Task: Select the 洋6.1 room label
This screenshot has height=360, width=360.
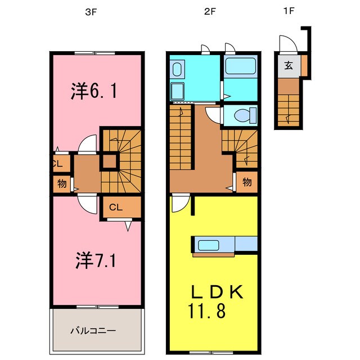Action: (x=94, y=90)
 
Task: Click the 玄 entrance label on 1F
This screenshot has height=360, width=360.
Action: (x=288, y=65)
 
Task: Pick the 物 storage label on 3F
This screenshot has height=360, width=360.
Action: (x=61, y=183)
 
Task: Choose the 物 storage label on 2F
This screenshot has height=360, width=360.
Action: (x=246, y=182)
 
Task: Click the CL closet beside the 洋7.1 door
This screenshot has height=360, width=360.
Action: (x=116, y=207)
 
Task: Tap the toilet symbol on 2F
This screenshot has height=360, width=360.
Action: (x=241, y=116)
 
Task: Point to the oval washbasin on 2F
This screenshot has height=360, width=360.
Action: (x=177, y=71)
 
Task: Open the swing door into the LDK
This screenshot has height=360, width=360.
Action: (x=179, y=204)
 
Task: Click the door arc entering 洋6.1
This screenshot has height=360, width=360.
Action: (x=86, y=145)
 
